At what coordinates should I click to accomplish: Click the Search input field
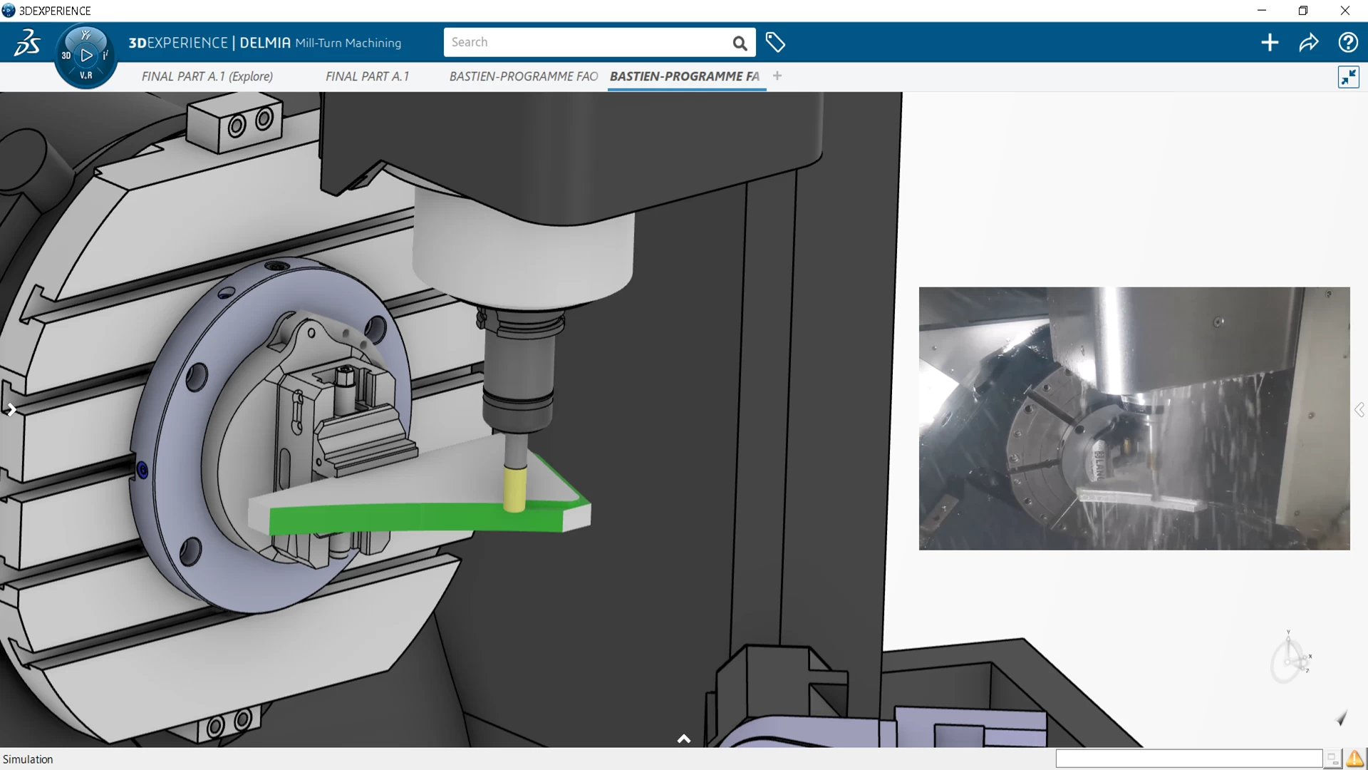[x=584, y=42]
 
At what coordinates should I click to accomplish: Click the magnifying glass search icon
[x=740, y=43]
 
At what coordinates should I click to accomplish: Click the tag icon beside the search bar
[x=775, y=43]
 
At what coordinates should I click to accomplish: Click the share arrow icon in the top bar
[x=1308, y=43]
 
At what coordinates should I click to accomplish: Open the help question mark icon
[x=1347, y=43]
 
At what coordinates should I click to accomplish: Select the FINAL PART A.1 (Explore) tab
[x=207, y=76]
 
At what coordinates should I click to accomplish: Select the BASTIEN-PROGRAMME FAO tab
[x=523, y=76]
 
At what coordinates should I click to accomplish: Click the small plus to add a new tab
[x=777, y=76]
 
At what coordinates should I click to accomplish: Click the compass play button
[x=86, y=55]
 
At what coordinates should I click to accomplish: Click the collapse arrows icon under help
[x=1348, y=77]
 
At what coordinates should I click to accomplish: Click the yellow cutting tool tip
[x=514, y=489]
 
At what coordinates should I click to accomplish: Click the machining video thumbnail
[x=1134, y=419]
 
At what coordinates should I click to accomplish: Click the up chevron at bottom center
[x=684, y=739]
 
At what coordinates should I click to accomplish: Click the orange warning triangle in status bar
[x=1354, y=759]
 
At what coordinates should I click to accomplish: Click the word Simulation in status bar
[x=28, y=759]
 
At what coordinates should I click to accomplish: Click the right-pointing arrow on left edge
[x=11, y=409]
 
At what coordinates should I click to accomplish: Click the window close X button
[x=1344, y=11]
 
